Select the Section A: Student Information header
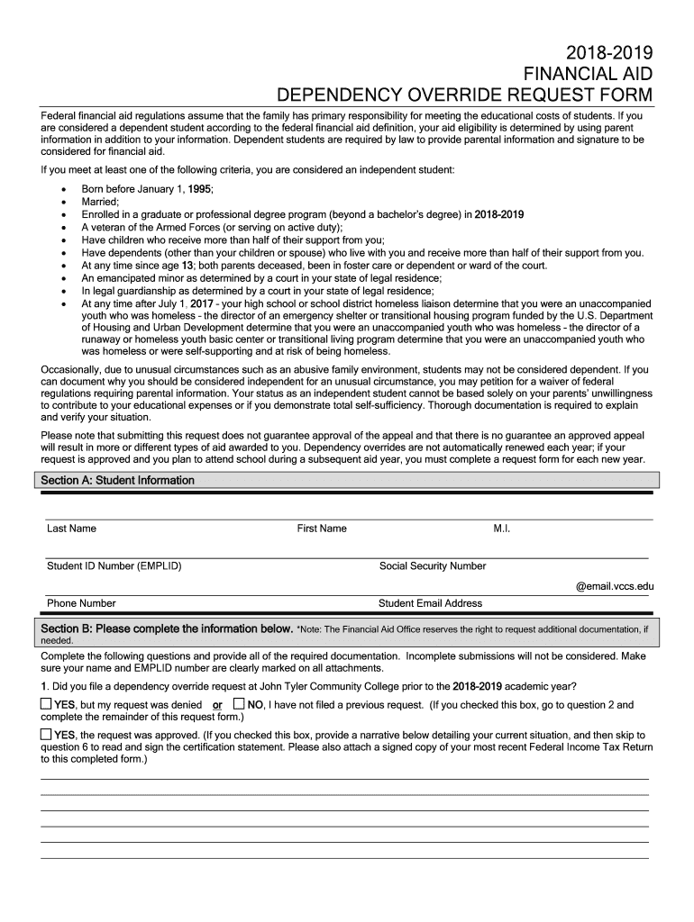point(118,481)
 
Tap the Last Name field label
point(71,529)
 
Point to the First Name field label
point(322,529)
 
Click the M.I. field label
point(502,529)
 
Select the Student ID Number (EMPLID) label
point(114,566)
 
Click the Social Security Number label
point(433,566)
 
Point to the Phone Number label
point(81,603)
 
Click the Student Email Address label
point(430,603)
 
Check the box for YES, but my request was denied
point(47,703)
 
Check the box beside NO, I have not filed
point(239,703)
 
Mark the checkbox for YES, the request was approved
point(47,734)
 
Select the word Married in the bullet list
point(99,203)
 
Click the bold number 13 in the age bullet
point(187,266)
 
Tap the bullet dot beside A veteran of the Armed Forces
point(61,228)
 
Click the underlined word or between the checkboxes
point(217,705)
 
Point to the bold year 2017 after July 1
point(202,304)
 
